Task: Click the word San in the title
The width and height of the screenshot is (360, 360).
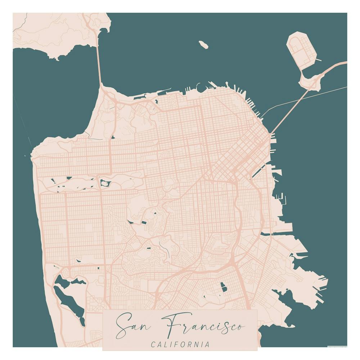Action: (134, 324)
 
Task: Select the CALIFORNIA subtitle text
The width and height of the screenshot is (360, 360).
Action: (180, 345)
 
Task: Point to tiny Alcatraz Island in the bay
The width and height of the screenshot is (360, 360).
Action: (203, 45)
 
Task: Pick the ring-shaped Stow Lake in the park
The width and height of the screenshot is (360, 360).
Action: (105, 184)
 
